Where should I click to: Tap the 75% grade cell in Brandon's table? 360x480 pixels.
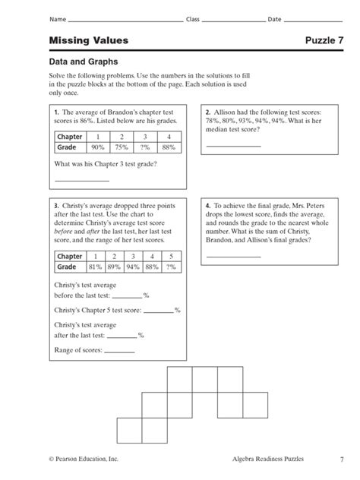[120, 148]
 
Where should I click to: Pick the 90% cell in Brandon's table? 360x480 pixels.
[96, 148]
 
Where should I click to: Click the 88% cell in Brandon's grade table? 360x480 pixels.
[168, 148]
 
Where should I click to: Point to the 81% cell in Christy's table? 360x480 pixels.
[94, 267]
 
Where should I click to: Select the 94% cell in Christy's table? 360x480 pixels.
[132, 267]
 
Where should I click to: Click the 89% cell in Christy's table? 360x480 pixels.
[113, 267]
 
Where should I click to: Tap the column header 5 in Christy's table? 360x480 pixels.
[171, 257]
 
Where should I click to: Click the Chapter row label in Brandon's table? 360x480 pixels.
[69, 137]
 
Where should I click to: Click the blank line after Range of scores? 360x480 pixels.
[119, 352]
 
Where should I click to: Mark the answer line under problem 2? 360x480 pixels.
[232, 144]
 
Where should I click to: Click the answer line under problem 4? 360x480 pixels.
[232, 256]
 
